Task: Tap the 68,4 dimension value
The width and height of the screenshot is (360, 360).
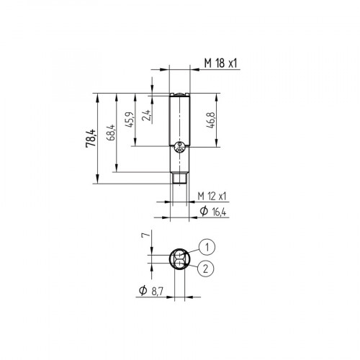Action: pos(110,133)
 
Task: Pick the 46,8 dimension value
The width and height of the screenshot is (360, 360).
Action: pos(211,120)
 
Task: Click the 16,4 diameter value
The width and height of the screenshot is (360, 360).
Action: pos(217,211)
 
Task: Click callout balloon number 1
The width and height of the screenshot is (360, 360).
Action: pos(207,247)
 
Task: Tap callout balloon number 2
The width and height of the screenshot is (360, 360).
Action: pos(207,269)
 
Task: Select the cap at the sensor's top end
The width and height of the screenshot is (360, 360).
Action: pos(179,96)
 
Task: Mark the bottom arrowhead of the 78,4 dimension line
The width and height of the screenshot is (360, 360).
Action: pos(96,182)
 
